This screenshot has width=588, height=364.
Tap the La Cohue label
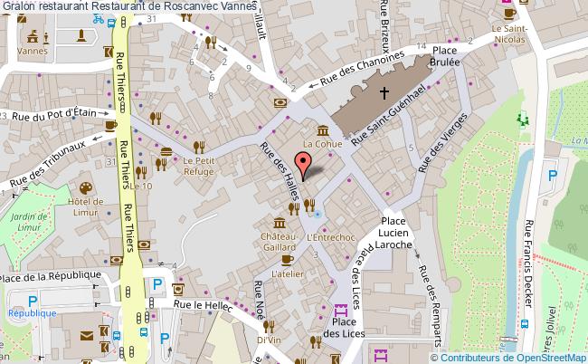(321, 143)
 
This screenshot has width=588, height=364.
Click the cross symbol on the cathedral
(384, 92)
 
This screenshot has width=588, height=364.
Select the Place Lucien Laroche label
(396, 233)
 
